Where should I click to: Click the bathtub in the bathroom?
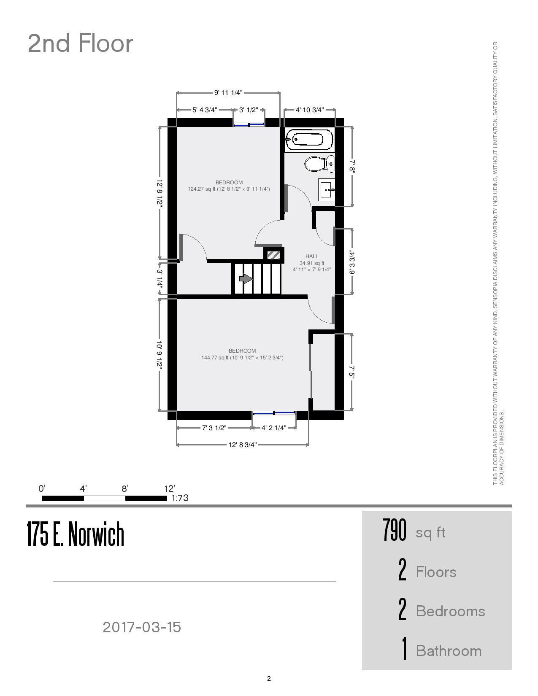click(x=309, y=139)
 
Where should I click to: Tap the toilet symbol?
click(x=319, y=164)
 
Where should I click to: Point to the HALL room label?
click(x=312, y=256)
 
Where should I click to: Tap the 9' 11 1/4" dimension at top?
click(x=228, y=92)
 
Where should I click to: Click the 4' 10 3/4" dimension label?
click(x=309, y=110)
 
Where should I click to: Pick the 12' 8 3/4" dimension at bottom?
click(x=243, y=445)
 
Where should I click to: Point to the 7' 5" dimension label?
click(x=352, y=372)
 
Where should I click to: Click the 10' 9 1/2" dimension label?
click(x=160, y=354)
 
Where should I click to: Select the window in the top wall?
click(x=249, y=124)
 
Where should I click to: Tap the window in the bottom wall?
click(x=274, y=413)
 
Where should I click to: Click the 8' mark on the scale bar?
click(x=125, y=489)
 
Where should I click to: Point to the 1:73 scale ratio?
click(x=180, y=498)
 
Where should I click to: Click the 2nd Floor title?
click(x=80, y=43)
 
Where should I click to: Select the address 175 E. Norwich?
click(x=76, y=534)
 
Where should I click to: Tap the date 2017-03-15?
click(x=142, y=627)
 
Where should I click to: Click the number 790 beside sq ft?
click(x=395, y=530)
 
